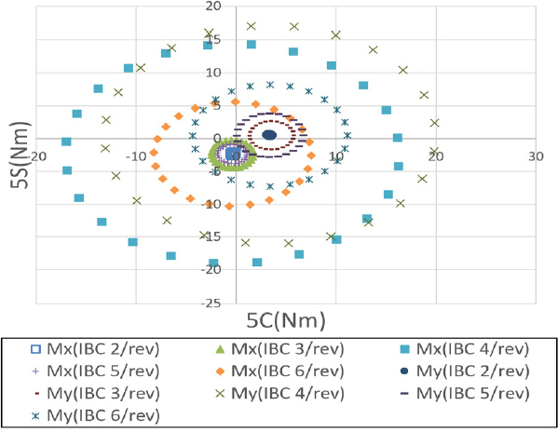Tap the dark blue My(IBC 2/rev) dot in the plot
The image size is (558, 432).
point(269,135)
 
